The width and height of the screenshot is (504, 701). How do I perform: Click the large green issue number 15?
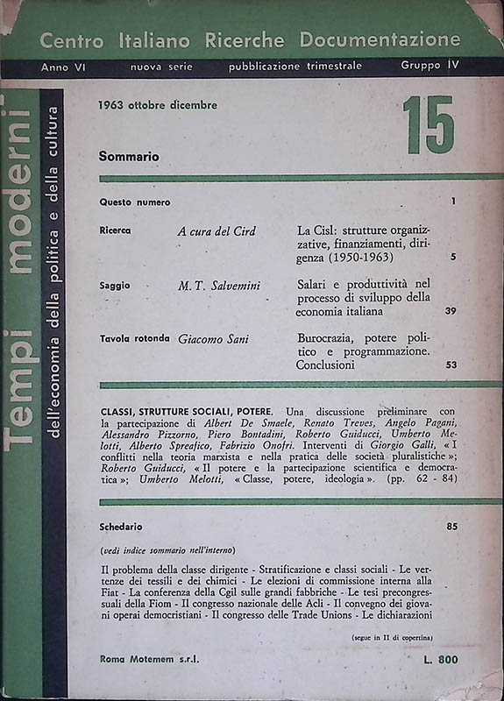[x=429, y=125]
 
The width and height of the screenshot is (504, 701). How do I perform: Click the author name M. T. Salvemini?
[x=220, y=286]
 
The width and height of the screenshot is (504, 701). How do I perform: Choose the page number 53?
[x=451, y=365]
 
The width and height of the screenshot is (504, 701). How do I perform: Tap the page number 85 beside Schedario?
[x=451, y=527]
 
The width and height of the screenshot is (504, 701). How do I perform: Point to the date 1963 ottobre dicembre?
[x=159, y=106]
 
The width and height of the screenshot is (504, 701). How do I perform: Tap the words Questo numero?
[x=135, y=202]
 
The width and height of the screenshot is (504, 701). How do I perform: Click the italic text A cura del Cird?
[x=217, y=231]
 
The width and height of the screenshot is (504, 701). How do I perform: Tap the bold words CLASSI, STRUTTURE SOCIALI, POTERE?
[x=186, y=411]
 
